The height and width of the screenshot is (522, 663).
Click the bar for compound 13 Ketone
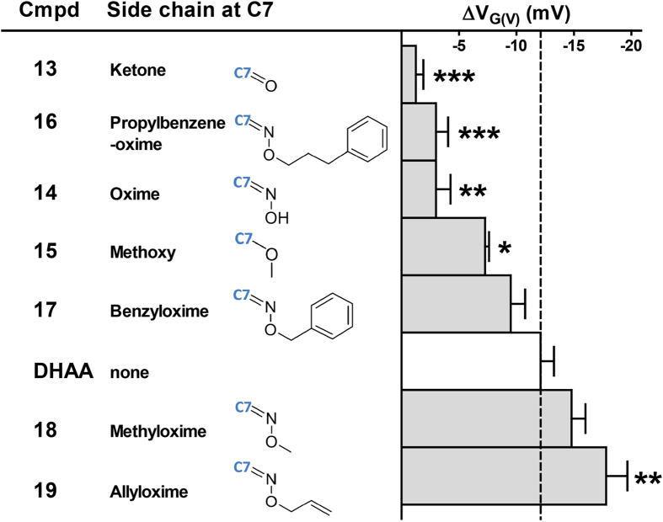point(409,74)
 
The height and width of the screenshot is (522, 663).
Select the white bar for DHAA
point(470,360)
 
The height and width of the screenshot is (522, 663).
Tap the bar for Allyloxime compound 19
point(503,476)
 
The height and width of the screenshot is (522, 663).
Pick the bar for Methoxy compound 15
point(443,246)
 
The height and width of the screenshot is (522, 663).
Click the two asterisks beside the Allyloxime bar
point(646,480)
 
